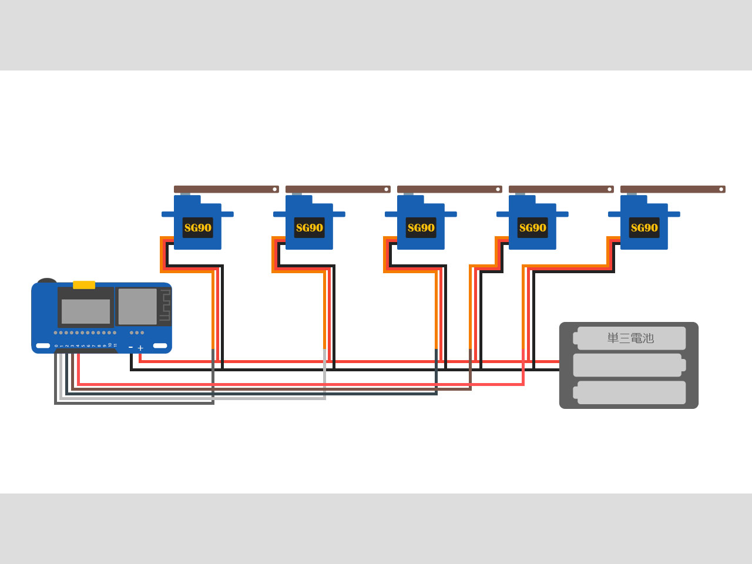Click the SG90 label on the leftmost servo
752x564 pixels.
[x=197, y=228]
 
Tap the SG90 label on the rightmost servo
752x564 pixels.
[x=644, y=228]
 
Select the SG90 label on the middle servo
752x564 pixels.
[x=421, y=228]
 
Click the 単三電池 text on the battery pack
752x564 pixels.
[x=630, y=338]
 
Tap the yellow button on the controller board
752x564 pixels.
[x=84, y=285]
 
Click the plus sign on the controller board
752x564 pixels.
[x=140, y=348]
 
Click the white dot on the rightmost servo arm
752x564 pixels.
[x=721, y=189]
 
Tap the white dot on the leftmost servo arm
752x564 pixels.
[x=274, y=189]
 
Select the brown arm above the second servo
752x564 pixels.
[x=335, y=189]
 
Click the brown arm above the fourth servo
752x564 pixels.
[x=558, y=189]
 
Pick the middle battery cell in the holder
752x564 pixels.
[x=628, y=365]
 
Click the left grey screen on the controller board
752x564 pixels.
[x=86, y=311]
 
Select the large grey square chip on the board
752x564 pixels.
[x=137, y=306]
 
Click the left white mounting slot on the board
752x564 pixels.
[x=43, y=345]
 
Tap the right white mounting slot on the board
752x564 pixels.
[x=160, y=345]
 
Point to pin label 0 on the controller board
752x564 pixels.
[x=56, y=345]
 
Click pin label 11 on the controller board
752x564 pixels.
[x=115, y=345]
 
